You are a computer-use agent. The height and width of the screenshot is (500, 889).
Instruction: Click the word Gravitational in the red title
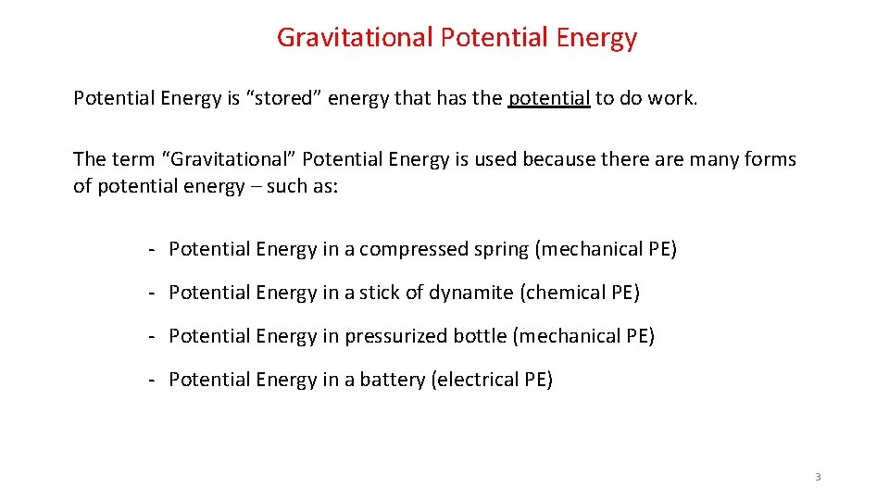coord(355,38)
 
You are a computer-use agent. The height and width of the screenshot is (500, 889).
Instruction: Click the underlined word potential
coord(549,99)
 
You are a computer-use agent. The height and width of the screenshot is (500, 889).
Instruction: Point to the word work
coord(672,99)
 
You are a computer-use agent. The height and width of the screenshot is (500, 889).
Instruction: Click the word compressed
coord(414,249)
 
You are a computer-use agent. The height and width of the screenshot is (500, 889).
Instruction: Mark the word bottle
coord(477,336)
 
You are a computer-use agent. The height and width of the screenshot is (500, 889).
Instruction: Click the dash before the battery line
coord(149,380)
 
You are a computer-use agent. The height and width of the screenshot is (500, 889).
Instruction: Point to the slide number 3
coord(818,477)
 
